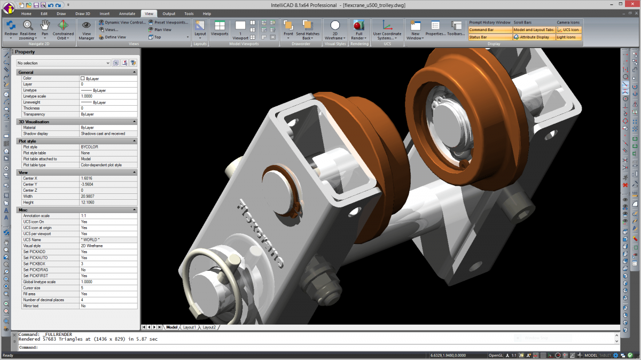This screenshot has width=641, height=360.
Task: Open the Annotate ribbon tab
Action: point(127,13)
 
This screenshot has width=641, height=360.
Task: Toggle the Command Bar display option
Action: point(489,30)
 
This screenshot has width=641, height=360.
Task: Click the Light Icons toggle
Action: point(567,37)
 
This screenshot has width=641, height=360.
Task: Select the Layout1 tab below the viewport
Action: point(190,327)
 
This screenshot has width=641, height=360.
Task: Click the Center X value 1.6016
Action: point(87,178)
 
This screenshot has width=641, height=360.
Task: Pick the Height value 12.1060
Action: point(89,202)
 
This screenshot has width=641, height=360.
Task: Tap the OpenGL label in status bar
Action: point(496,355)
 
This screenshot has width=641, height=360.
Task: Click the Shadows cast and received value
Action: point(103,134)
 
